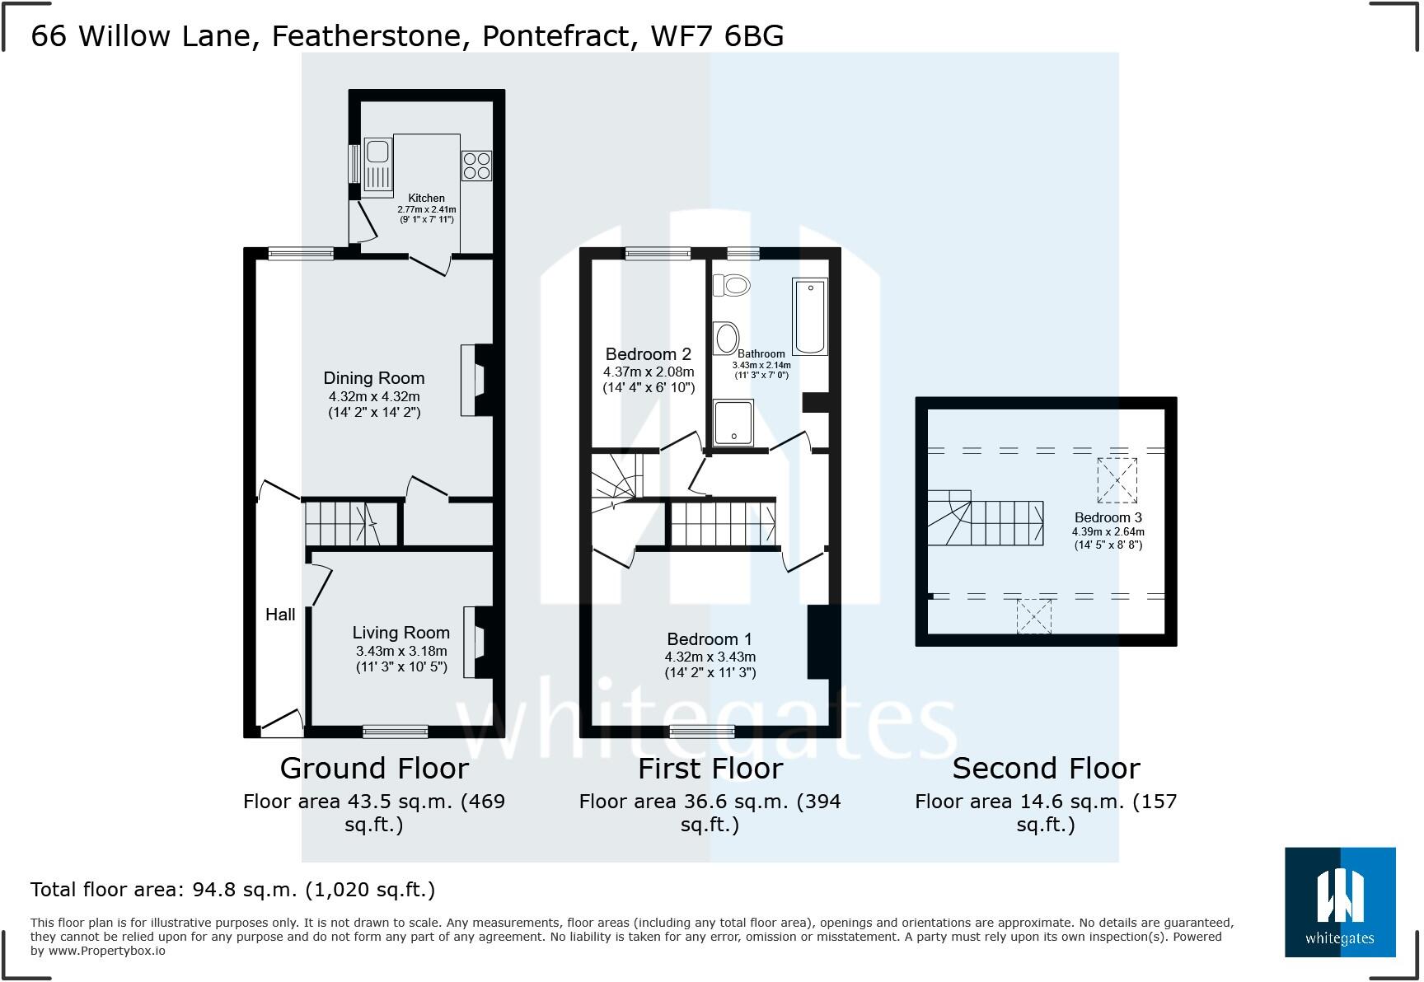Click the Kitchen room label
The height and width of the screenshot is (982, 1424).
click(x=426, y=198)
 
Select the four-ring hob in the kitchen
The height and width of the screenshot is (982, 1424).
click(x=476, y=165)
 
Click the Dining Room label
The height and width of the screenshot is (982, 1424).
click(x=373, y=378)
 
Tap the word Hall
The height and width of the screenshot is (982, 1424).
click(x=280, y=615)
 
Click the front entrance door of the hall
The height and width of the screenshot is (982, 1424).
click(x=282, y=725)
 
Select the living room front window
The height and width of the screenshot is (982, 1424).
click(x=396, y=731)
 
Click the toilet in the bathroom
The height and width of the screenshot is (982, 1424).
click(x=732, y=285)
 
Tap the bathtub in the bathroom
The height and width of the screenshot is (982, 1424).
click(x=809, y=317)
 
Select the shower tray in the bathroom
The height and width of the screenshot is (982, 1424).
click(x=733, y=423)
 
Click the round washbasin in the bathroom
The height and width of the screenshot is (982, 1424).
click(x=727, y=337)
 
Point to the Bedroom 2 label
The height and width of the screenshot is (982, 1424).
click(x=648, y=354)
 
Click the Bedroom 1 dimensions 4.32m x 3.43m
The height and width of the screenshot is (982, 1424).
click(x=710, y=657)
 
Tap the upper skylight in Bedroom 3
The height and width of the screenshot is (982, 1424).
click(x=1117, y=480)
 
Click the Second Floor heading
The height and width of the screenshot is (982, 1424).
click(x=1046, y=768)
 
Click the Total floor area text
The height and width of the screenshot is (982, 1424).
click(x=232, y=890)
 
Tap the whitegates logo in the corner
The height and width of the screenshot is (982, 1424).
click(x=1340, y=902)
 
